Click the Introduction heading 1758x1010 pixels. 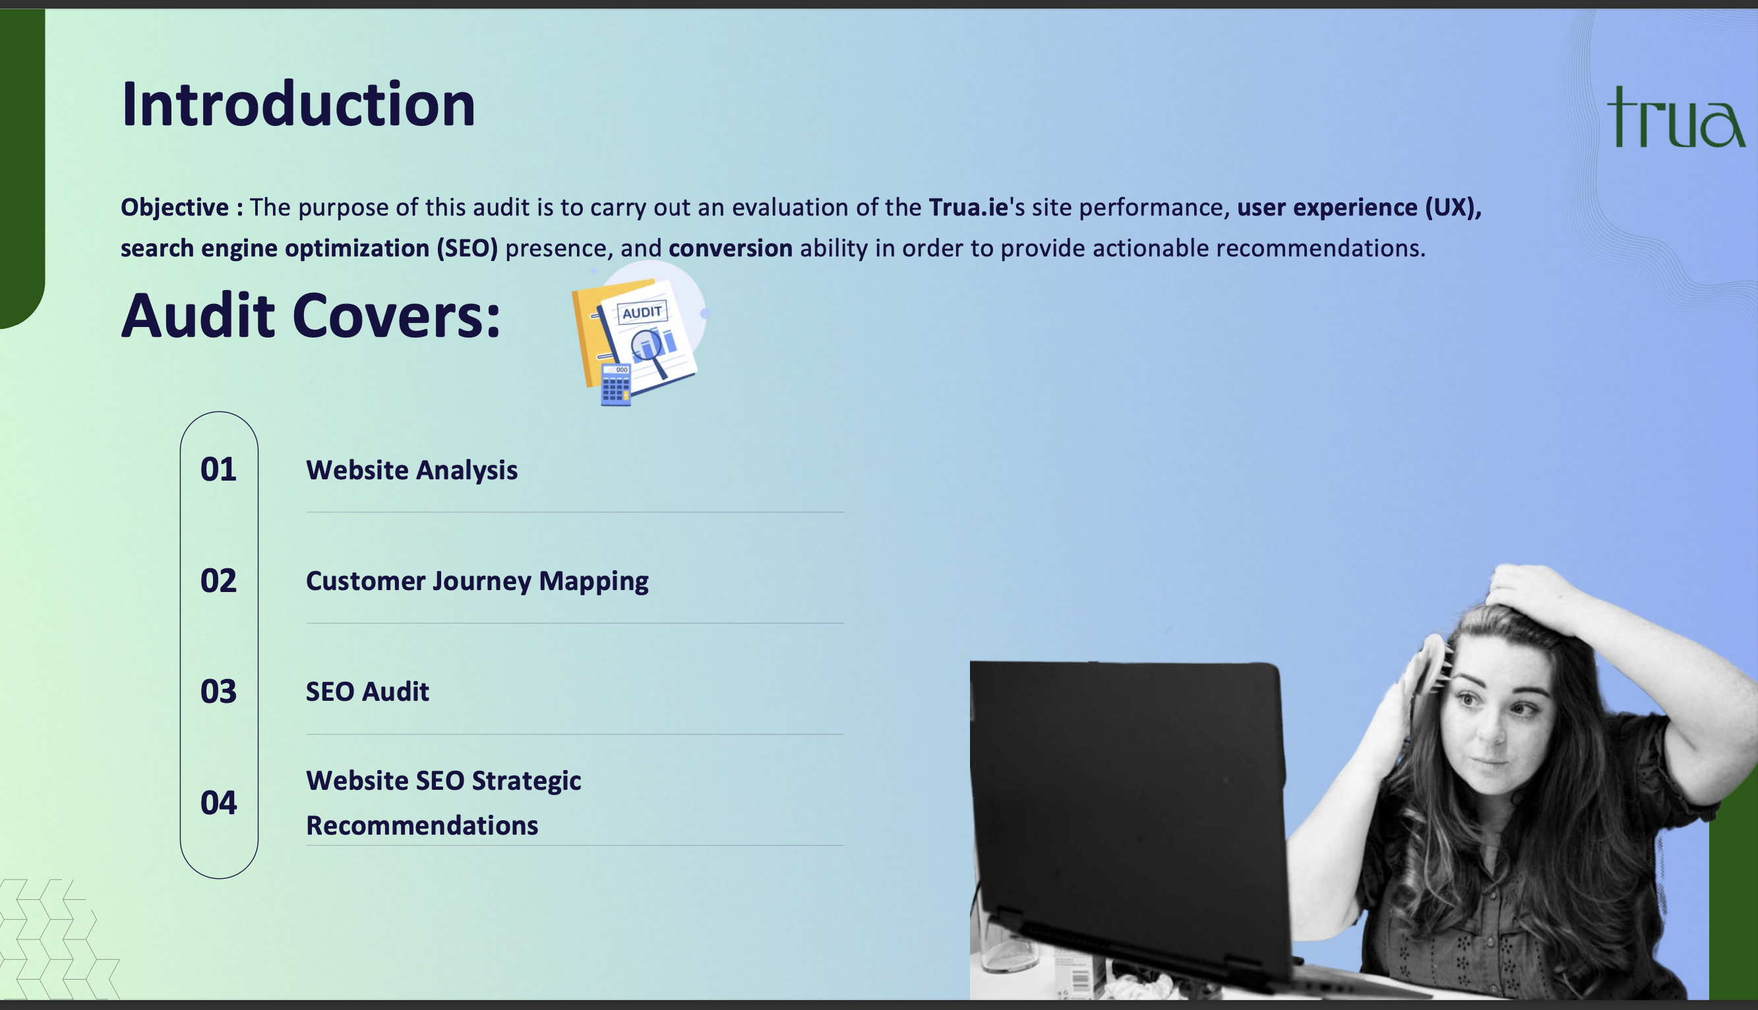[298, 104]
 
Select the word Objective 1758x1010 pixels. [175, 208]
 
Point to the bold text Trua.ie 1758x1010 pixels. [968, 207]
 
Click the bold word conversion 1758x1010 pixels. [731, 248]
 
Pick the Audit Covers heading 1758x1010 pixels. [311, 316]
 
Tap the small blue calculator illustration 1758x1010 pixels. [616, 384]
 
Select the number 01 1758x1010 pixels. [218, 469]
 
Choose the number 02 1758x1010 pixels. [218, 581]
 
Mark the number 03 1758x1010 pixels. [218, 692]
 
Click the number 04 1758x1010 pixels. [218, 802]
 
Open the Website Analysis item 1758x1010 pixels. [411, 470]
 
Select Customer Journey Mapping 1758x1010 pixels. [477, 581]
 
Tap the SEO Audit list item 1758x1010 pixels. [368, 692]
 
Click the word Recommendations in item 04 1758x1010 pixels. [422, 825]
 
